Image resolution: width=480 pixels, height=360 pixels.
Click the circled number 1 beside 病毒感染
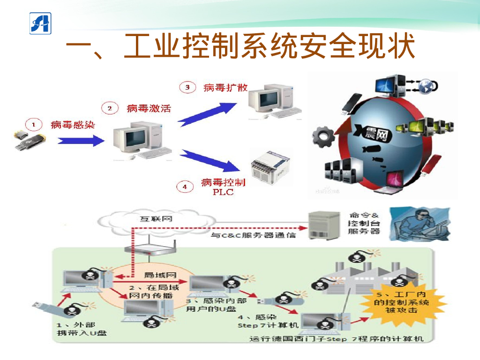coord(33,125)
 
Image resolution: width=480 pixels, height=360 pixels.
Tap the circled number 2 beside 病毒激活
coord(110,109)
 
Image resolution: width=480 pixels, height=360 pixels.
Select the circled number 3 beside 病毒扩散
coord(187,87)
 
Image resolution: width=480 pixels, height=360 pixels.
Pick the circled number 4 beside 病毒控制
coord(185,187)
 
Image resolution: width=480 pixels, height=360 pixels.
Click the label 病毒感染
coord(73,125)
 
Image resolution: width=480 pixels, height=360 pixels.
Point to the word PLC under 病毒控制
coord(223,192)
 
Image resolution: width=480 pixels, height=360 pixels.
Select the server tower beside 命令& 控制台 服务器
coord(323,225)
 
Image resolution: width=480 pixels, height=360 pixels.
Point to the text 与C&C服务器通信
coord(253,235)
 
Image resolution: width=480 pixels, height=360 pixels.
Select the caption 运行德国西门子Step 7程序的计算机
coord(336,338)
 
